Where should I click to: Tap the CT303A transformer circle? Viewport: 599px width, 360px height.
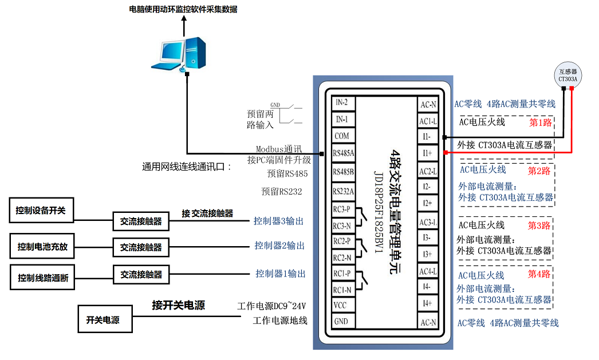click(x=568, y=75)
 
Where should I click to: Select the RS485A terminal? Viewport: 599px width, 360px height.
click(x=343, y=153)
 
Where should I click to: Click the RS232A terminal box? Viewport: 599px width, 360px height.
click(x=343, y=191)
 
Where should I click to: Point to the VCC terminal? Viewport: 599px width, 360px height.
click(x=340, y=305)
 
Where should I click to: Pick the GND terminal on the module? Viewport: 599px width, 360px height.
click(x=341, y=321)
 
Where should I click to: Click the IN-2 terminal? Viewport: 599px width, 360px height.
click(x=342, y=102)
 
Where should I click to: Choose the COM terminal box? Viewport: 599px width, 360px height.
click(x=342, y=136)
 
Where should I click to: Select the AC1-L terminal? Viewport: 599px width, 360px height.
click(x=428, y=121)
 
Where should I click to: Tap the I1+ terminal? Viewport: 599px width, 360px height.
click(x=427, y=153)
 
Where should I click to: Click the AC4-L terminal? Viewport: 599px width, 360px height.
click(x=428, y=271)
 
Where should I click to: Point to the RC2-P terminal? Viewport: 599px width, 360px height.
click(x=342, y=242)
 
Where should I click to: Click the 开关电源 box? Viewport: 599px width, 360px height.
click(x=105, y=319)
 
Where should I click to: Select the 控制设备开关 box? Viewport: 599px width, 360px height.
click(x=41, y=211)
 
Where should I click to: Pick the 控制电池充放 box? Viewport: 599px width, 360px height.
click(x=42, y=246)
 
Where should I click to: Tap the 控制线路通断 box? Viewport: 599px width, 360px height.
click(x=42, y=278)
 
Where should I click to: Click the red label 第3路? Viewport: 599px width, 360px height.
click(x=539, y=226)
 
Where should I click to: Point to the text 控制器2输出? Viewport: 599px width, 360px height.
click(x=279, y=246)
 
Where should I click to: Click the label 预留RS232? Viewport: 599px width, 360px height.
click(x=282, y=191)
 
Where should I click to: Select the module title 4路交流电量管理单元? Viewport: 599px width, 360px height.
click(x=395, y=212)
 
